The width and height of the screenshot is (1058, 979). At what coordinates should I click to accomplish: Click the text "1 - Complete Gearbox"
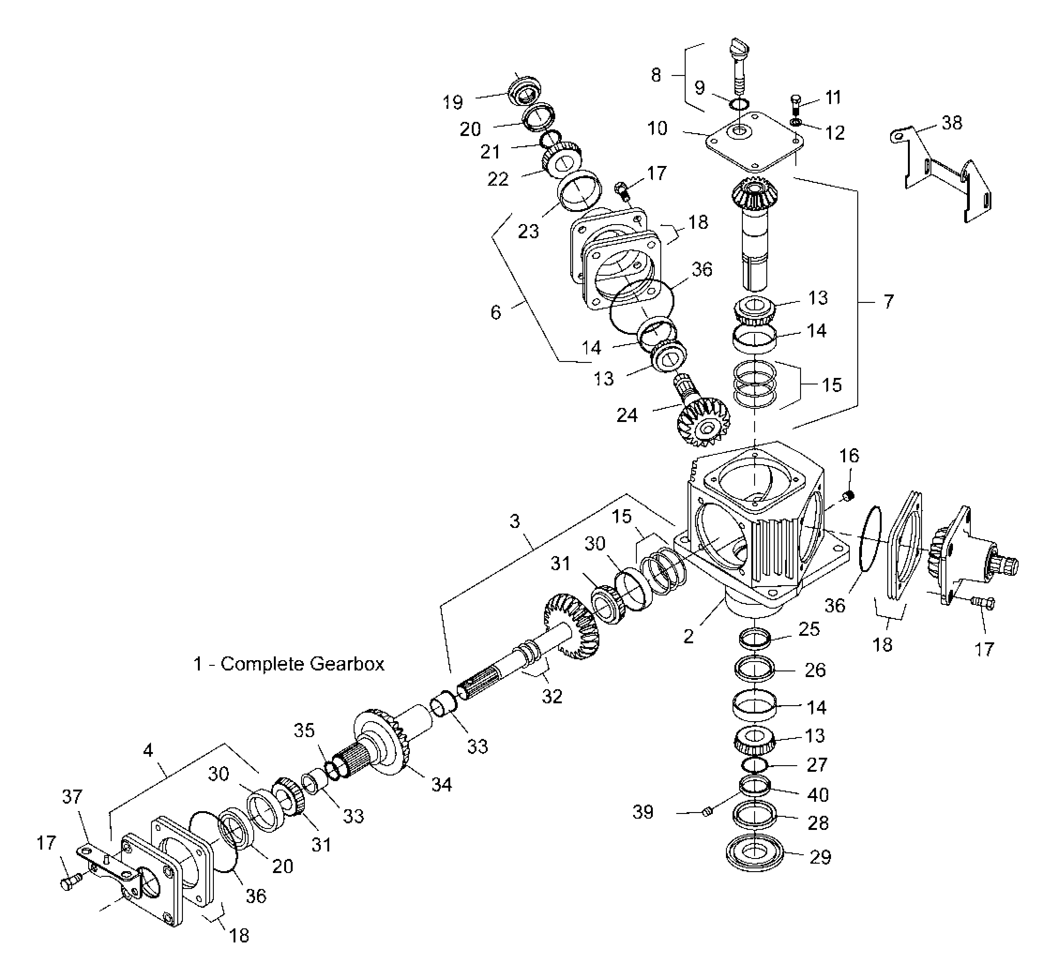coord(289,664)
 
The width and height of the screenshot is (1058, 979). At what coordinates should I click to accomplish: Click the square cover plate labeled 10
coord(755,142)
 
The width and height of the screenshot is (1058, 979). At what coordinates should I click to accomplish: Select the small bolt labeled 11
coord(796,105)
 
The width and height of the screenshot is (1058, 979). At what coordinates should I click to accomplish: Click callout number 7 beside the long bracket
coord(888,301)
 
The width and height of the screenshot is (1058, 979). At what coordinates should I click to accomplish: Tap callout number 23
coord(528,231)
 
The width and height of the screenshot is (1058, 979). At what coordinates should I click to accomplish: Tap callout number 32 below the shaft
coord(552,696)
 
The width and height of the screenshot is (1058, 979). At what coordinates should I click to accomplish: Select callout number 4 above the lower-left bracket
coord(148,750)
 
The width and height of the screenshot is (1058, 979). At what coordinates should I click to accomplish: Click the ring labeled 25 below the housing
coord(755,637)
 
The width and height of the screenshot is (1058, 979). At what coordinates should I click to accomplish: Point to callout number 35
coord(304,730)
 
